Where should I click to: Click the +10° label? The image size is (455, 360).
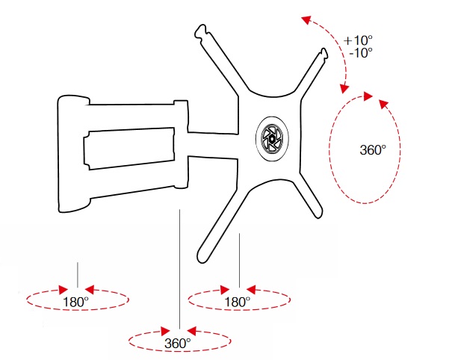[359, 40]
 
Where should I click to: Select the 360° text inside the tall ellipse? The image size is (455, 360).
[373, 149]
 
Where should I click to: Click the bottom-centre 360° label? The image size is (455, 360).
[178, 343]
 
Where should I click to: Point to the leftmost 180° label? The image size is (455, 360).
[76, 302]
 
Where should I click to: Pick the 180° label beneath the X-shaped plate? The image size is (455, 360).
[237, 302]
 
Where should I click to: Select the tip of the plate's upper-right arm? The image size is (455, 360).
[324, 54]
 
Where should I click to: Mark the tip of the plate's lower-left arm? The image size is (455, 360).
[202, 256]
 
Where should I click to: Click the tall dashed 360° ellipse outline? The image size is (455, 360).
[333, 149]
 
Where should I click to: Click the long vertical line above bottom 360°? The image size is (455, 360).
[179, 269]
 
